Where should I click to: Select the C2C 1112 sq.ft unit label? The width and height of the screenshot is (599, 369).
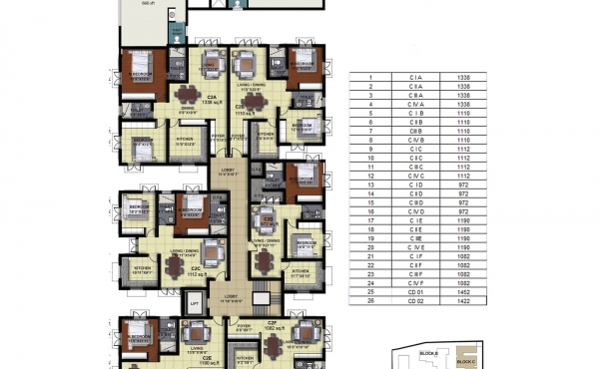[x=197, y=271]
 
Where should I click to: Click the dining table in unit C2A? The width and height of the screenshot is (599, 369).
[x=187, y=96]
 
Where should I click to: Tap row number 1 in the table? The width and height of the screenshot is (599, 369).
[x=369, y=78]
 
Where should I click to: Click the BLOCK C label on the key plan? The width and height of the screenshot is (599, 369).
[x=465, y=362]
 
